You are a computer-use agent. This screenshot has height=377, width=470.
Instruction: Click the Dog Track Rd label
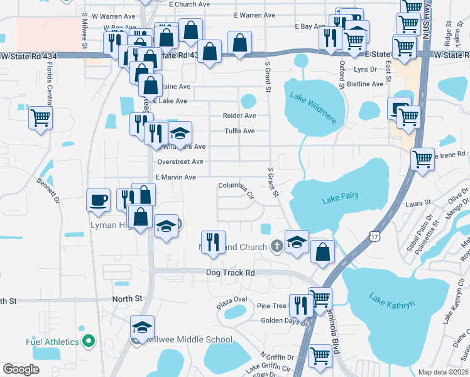point(231,273)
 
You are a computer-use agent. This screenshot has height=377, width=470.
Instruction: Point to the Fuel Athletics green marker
point(89,342)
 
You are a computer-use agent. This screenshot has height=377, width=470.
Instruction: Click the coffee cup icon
point(98,200)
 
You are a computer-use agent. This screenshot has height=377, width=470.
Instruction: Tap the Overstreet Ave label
point(180,161)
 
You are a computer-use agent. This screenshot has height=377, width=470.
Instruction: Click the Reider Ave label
point(239,116)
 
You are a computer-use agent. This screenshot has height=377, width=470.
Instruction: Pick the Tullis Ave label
point(240,131)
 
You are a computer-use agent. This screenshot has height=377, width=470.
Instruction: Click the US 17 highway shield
point(374,236)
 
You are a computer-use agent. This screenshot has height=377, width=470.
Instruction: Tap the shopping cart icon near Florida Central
point(40,117)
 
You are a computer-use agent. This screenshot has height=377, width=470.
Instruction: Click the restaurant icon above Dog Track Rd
point(213,241)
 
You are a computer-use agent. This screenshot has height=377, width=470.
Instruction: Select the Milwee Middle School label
point(189,340)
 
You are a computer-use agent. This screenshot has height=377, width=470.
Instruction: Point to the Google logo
point(21,369)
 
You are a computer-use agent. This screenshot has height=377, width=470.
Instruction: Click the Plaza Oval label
point(232,300)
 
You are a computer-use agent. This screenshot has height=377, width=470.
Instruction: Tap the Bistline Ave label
point(365,84)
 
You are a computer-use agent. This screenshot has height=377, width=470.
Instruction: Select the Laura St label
point(418,203)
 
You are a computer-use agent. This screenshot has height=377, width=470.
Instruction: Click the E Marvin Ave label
point(175,177)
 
